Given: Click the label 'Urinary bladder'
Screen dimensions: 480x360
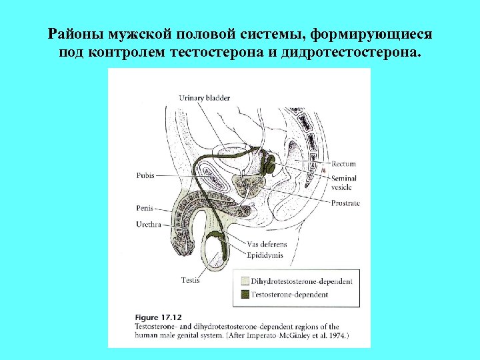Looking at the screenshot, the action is (204, 98).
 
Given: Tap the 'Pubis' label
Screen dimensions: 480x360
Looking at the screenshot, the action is (145, 176).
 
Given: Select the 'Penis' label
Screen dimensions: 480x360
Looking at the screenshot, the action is (144, 208).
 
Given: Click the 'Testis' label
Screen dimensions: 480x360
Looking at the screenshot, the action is (190, 280).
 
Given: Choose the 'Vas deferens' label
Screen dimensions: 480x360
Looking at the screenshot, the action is (265, 244).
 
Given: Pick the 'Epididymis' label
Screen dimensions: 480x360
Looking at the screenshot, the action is (265, 255).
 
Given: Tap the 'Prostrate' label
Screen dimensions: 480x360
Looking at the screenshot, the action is (345, 203).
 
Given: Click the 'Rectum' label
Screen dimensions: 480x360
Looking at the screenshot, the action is (343, 163).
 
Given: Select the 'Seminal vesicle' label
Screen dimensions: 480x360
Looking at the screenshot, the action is (344, 183).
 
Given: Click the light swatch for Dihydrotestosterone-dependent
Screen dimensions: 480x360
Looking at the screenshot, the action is (245, 281).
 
